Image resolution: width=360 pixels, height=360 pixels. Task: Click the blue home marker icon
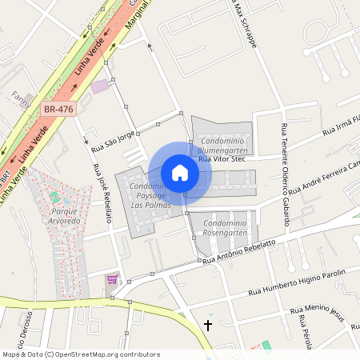coord(180,172)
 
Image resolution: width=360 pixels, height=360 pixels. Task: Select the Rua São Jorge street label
coord(113,142)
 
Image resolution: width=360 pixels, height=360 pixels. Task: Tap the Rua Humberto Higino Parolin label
coord(297,282)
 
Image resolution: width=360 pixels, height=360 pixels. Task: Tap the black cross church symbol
coord(209,326)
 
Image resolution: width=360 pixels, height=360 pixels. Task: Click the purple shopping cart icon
coord(112,279)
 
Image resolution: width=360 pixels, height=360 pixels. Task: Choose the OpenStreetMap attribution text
coord(81,354)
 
